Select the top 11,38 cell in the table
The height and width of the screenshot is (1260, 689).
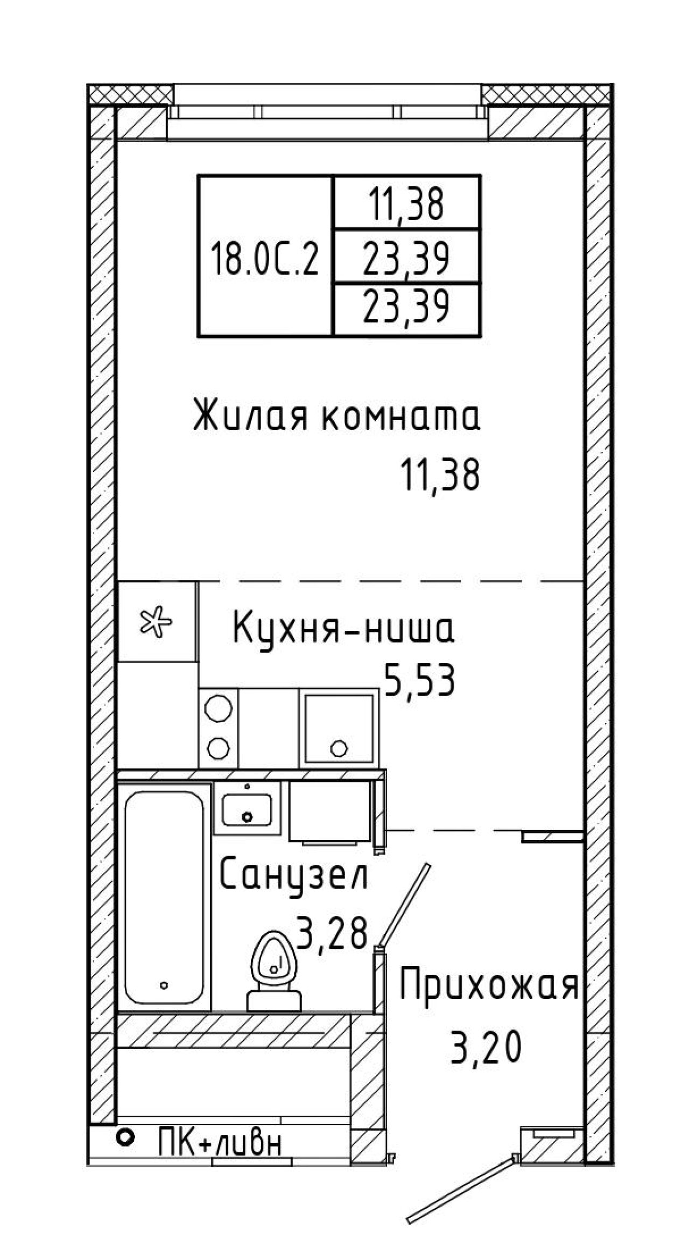click(406, 204)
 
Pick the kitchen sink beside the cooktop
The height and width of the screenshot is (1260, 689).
click(338, 728)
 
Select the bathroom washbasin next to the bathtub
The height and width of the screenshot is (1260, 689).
click(247, 810)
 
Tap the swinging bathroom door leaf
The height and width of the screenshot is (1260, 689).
click(405, 906)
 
